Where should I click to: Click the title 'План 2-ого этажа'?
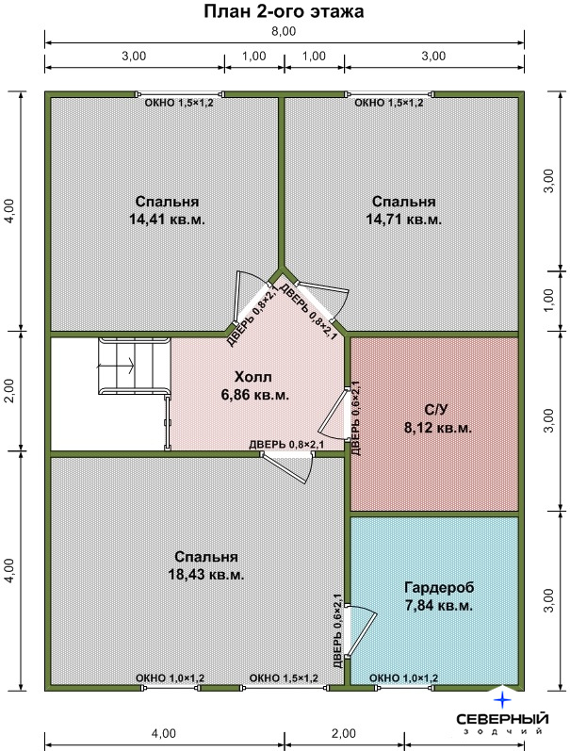(284, 11)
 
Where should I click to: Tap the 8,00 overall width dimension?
(284, 32)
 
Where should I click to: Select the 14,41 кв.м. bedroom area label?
(167, 220)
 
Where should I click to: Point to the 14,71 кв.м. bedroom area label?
(404, 220)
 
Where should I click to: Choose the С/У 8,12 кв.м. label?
(438, 418)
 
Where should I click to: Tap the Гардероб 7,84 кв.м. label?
(439, 596)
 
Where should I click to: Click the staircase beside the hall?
(135, 367)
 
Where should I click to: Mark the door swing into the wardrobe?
(362, 630)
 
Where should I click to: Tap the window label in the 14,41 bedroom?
(179, 103)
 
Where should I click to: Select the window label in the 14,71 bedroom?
(388, 103)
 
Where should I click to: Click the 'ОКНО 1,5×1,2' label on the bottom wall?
(284, 678)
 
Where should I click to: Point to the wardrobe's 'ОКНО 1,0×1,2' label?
(404, 678)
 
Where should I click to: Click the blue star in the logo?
(502, 700)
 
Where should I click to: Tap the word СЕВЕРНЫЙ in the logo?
(502, 719)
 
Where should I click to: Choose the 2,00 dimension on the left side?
(10, 391)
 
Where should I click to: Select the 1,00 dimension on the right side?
(549, 301)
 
